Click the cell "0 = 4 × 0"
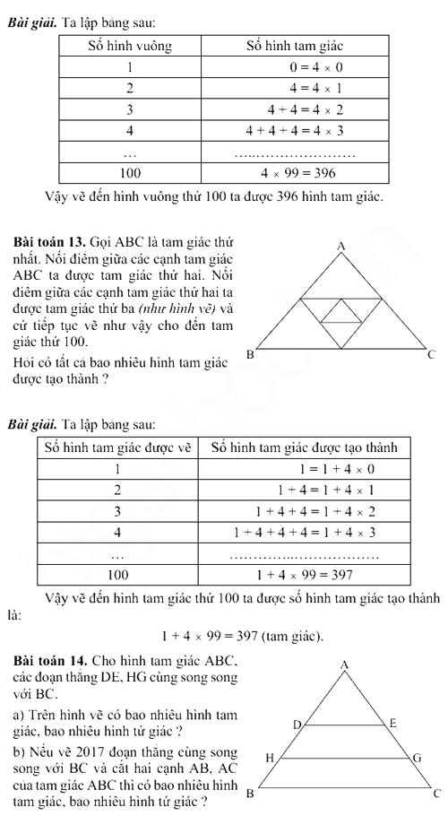pyautogui.click(x=316, y=66)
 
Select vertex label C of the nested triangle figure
pyautogui.click(x=431, y=356)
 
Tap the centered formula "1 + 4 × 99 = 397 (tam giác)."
pyautogui.click(x=243, y=637)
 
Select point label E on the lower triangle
pyautogui.click(x=392, y=722)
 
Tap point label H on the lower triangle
pyautogui.click(x=267, y=758)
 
